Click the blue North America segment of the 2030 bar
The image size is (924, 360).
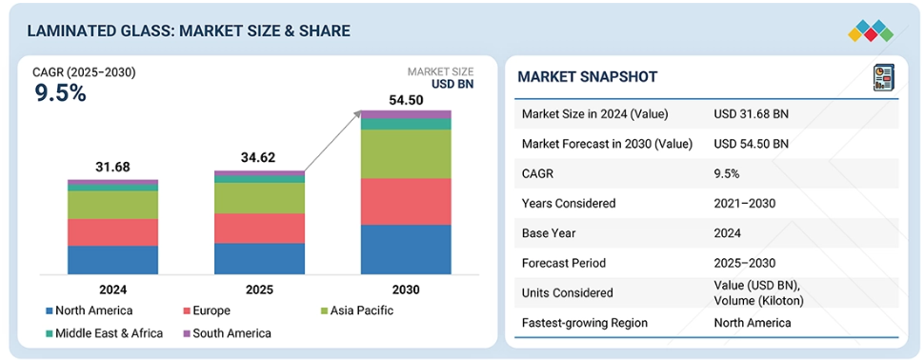[x=406, y=250]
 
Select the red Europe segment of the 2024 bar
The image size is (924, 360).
[x=112, y=232]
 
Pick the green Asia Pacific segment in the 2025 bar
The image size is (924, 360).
[x=259, y=198]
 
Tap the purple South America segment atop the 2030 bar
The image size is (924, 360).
[x=406, y=114]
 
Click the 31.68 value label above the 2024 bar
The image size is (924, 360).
[x=112, y=167]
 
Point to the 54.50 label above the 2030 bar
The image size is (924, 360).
[x=406, y=100]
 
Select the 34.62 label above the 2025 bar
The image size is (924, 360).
[x=259, y=157]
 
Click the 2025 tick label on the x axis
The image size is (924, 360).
[x=259, y=290]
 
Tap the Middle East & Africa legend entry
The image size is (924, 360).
[x=104, y=333]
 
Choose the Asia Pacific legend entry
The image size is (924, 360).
[x=355, y=310]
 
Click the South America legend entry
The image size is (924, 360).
[x=227, y=333]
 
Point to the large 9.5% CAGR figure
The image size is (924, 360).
[x=61, y=93]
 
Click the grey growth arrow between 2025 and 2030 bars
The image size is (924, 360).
[x=333, y=141]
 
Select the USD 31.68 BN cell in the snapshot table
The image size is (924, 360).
[x=751, y=114]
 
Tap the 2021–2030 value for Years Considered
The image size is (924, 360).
[x=744, y=203]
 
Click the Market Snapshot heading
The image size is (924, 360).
[x=587, y=76]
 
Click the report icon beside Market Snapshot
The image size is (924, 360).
[x=883, y=78]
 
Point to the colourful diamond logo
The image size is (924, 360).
[x=871, y=31]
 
